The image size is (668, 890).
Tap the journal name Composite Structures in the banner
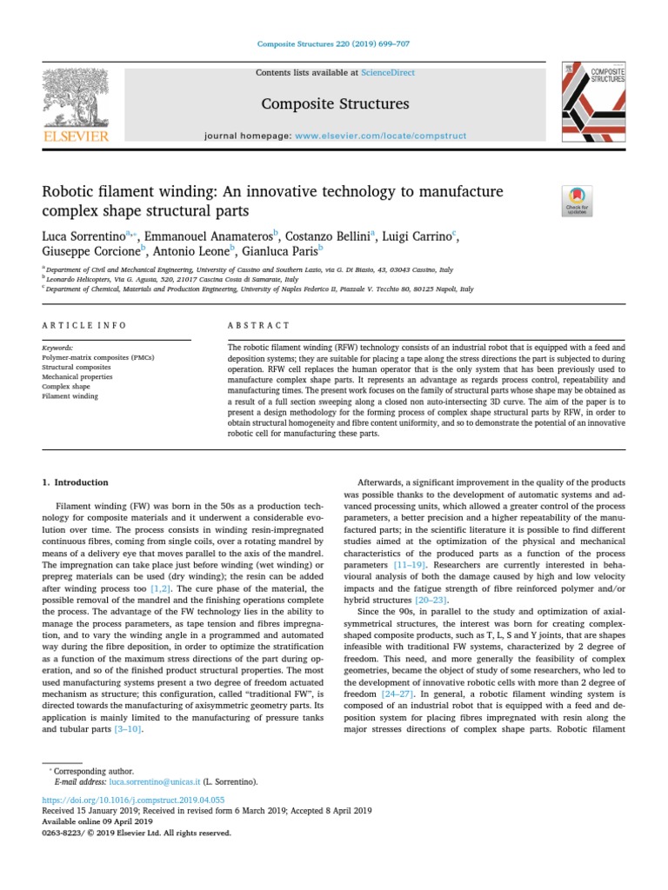335,104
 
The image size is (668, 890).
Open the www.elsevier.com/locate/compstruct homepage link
381,136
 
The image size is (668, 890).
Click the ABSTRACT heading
258,325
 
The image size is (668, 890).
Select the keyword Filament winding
70,396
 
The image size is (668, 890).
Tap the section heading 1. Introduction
76,482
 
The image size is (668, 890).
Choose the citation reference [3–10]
129,729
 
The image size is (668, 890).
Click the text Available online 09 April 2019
97,821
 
